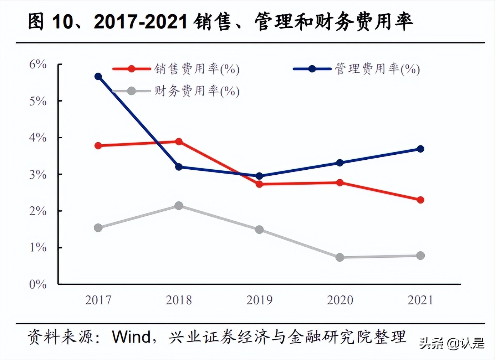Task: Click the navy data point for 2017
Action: point(98,76)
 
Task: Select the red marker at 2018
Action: point(179,142)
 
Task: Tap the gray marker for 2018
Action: point(179,206)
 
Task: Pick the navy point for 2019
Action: point(260,176)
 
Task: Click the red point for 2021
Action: point(420,200)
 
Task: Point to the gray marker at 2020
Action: point(340,257)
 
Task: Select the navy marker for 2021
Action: point(420,149)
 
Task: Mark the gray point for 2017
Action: point(98,228)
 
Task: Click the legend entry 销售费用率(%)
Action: point(197,69)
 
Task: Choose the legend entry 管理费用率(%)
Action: point(377,69)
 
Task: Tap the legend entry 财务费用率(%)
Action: point(197,91)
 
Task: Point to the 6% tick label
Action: point(38,65)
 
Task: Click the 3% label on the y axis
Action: point(38,175)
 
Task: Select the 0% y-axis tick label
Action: point(38,284)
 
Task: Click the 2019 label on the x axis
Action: point(260,300)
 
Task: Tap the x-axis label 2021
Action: point(420,300)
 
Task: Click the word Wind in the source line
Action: point(131,337)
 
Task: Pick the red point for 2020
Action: point(340,182)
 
